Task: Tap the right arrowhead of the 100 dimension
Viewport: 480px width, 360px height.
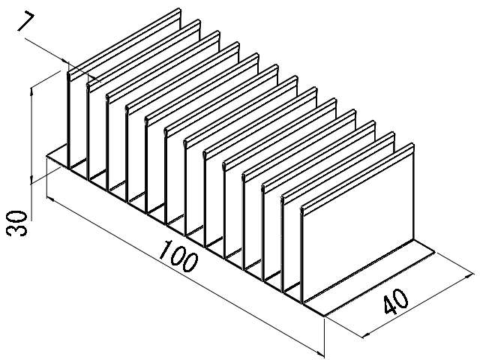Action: [322, 352]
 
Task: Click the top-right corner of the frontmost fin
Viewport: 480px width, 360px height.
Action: [414, 145]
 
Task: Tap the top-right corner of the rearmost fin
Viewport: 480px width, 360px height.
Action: [181, 10]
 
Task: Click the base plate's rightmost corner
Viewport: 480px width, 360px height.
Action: [442, 247]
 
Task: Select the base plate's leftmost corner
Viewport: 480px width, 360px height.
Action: [46, 155]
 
